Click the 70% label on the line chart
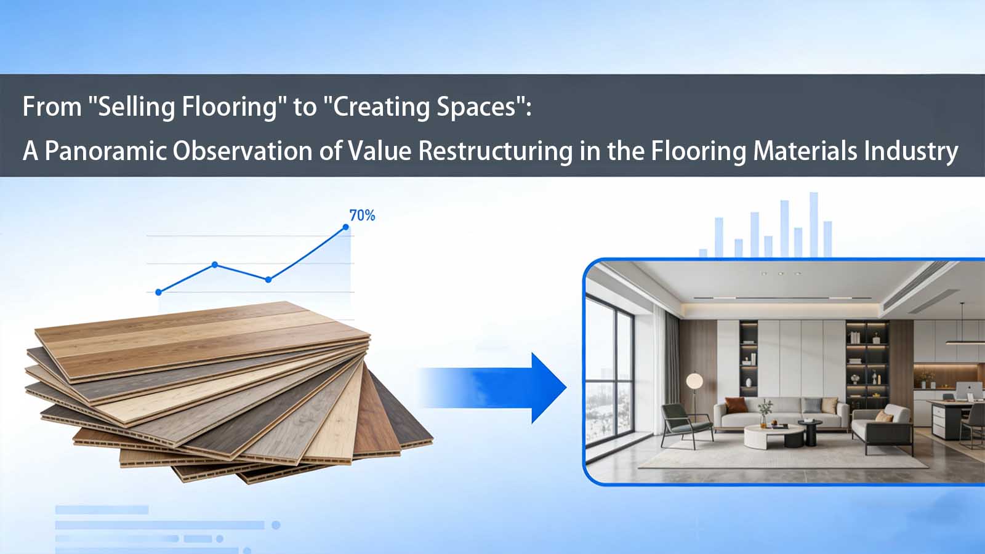pos(362,215)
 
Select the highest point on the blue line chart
pos(346,227)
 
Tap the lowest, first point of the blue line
pos(159,292)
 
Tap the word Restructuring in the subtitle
pos(496,151)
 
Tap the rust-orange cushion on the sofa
pos(735,405)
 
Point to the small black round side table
pos(810,431)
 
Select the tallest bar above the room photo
pos(814,224)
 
